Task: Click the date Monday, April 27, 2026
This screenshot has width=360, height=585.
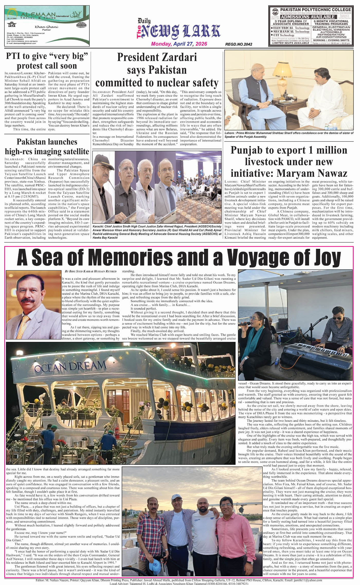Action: click(179, 44)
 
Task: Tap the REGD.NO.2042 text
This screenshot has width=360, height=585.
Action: click(238, 44)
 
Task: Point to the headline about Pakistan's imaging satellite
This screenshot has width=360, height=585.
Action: click(47, 146)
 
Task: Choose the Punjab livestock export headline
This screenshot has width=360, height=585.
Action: click(289, 162)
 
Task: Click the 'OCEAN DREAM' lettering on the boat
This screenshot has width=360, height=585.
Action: click(70, 366)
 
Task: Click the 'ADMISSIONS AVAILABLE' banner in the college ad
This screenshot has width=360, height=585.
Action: click(308, 17)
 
